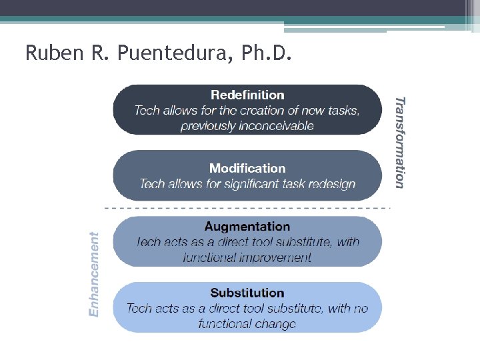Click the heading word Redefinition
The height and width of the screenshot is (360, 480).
tap(247, 95)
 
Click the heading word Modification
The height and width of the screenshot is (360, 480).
tap(247, 169)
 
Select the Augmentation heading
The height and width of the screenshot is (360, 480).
tap(247, 227)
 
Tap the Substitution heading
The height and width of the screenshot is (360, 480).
tap(247, 293)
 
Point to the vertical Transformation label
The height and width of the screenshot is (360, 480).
tap(399, 143)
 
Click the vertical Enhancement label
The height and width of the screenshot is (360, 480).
tap(95, 274)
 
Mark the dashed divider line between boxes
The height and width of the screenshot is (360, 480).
tap(247, 208)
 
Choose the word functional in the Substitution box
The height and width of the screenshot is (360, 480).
tap(223, 324)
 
